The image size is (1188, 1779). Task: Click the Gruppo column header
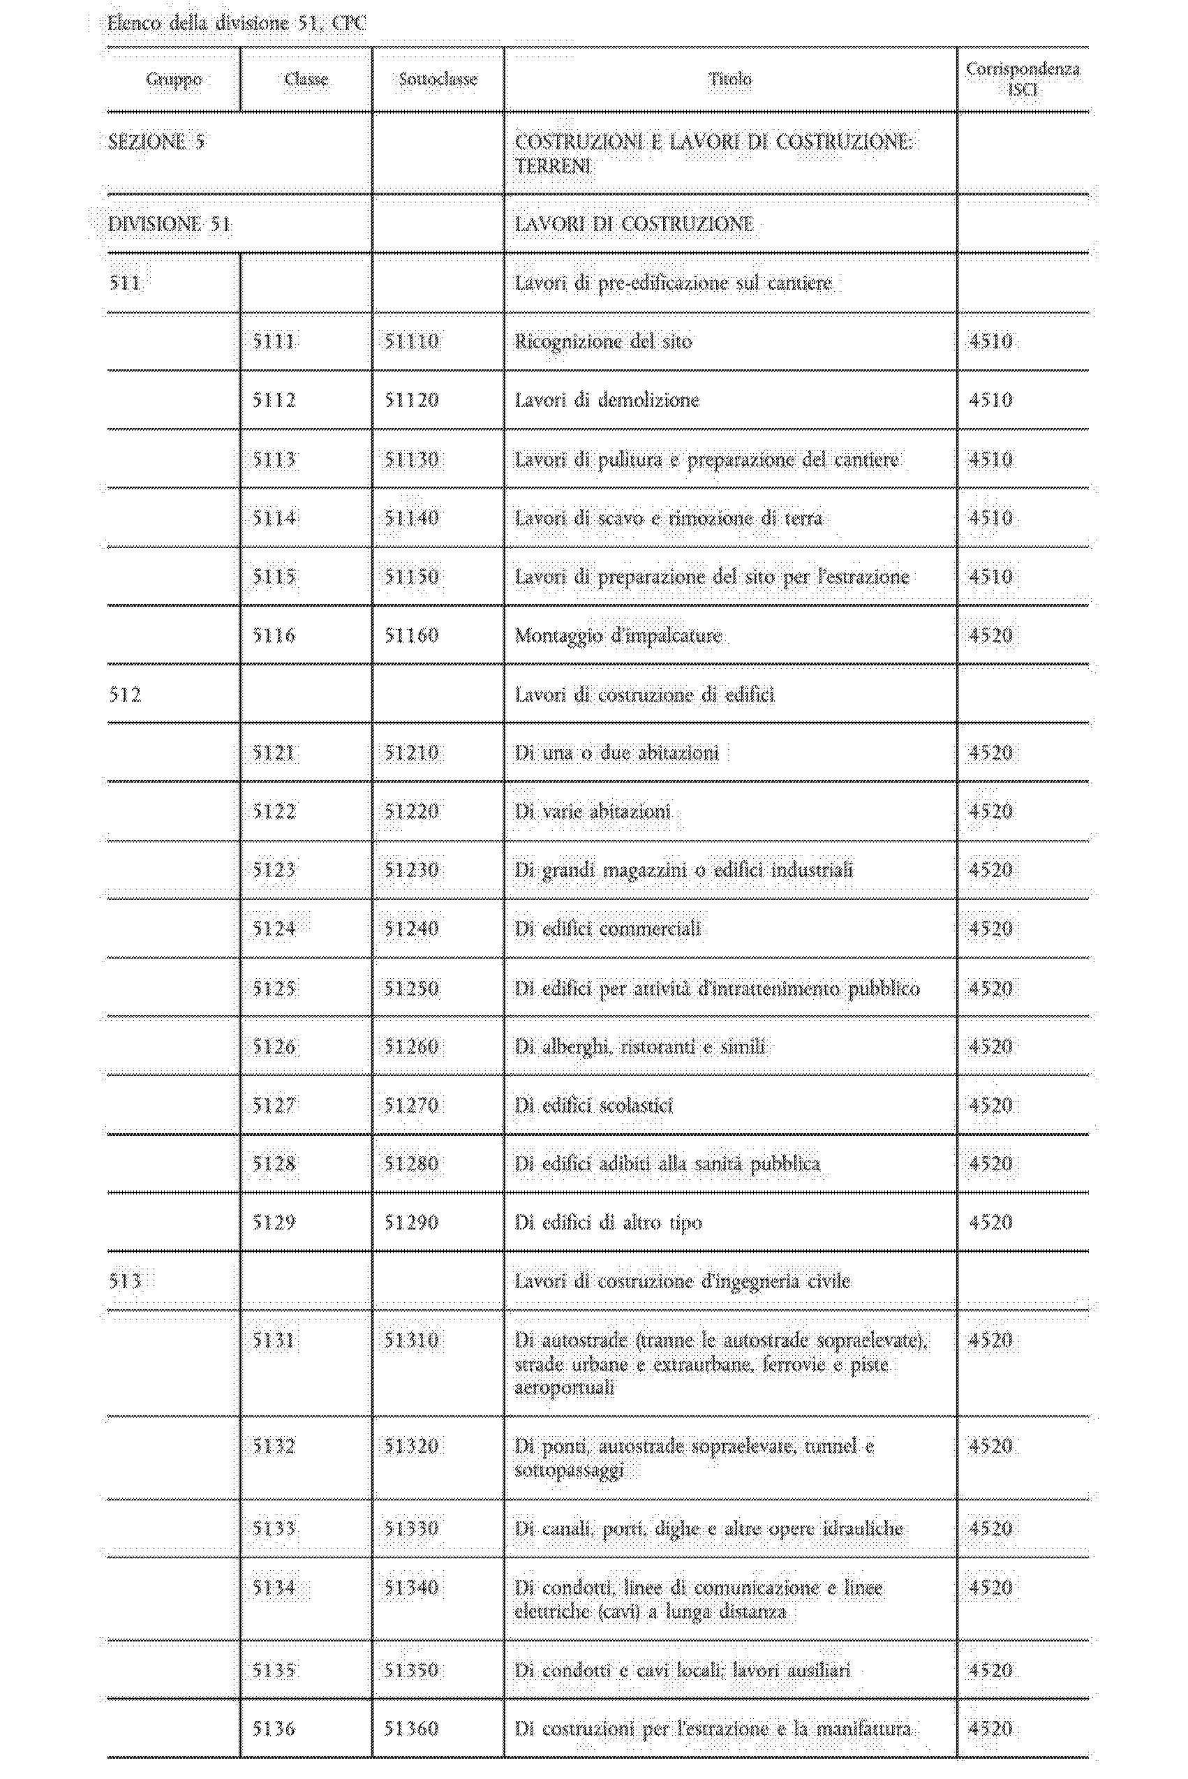(x=174, y=80)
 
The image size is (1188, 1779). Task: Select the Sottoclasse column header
(x=438, y=80)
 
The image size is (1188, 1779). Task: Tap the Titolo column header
(x=730, y=80)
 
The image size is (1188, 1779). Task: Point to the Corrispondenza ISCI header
(x=1022, y=79)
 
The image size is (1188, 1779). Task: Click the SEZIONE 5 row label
(x=156, y=142)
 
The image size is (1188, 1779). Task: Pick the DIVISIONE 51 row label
(x=169, y=224)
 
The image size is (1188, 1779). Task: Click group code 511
(x=125, y=283)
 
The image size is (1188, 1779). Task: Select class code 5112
(x=274, y=400)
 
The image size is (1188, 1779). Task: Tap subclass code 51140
(x=411, y=518)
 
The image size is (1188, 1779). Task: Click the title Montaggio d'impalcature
(x=618, y=635)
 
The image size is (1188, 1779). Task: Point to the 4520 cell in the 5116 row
(x=990, y=635)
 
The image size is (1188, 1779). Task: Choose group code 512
(x=125, y=695)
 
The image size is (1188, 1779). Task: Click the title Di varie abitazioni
(x=593, y=812)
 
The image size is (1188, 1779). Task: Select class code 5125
(x=274, y=989)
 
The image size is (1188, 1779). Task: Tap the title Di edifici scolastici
(x=593, y=1105)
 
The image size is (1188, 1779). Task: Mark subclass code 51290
(x=411, y=1223)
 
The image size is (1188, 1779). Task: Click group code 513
(x=125, y=1281)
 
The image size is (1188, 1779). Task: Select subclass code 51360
(x=411, y=1728)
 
